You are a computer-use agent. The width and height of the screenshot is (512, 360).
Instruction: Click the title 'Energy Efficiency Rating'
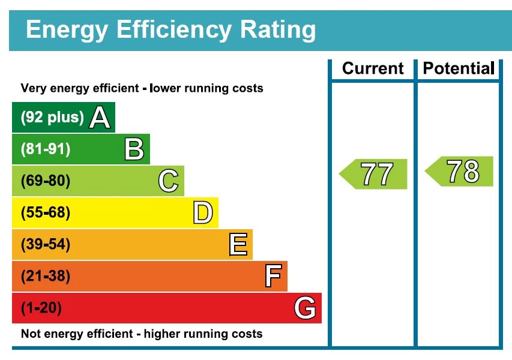tap(170, 29)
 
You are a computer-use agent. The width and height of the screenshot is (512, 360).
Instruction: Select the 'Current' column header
tap(373, 68)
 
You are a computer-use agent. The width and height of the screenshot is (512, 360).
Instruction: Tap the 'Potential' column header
tap(459, 68)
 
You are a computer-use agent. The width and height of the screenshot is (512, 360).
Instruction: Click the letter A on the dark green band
tap(100, 118)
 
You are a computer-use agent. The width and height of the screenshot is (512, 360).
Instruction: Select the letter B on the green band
tap(134, 149)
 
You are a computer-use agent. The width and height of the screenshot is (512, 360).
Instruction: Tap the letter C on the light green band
tap(169, 181)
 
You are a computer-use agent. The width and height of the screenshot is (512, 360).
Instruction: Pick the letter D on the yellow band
tap(203, 213)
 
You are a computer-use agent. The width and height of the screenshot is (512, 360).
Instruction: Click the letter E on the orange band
tap(238, 245)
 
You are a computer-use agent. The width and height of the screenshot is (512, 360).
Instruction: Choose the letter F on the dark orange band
tap(273, 277)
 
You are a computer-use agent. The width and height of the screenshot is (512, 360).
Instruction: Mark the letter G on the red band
tap(305, 308)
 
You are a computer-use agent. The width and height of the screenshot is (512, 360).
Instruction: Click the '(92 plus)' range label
tap(52, 118)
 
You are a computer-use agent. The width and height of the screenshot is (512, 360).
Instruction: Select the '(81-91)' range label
tap(46, 149)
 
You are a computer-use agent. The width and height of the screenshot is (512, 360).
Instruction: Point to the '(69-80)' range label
tap(46, 181)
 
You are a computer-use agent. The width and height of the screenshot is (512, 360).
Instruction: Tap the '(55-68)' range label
tap(46, 213)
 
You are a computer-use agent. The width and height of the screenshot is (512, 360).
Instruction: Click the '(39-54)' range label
tap(46, 245)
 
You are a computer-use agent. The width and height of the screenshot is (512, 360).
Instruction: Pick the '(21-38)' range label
tap(46, 277)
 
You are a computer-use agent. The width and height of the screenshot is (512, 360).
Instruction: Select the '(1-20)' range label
tap(41, 308)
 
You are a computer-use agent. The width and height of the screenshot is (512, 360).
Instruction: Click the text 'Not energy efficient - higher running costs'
tap(142, 334)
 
